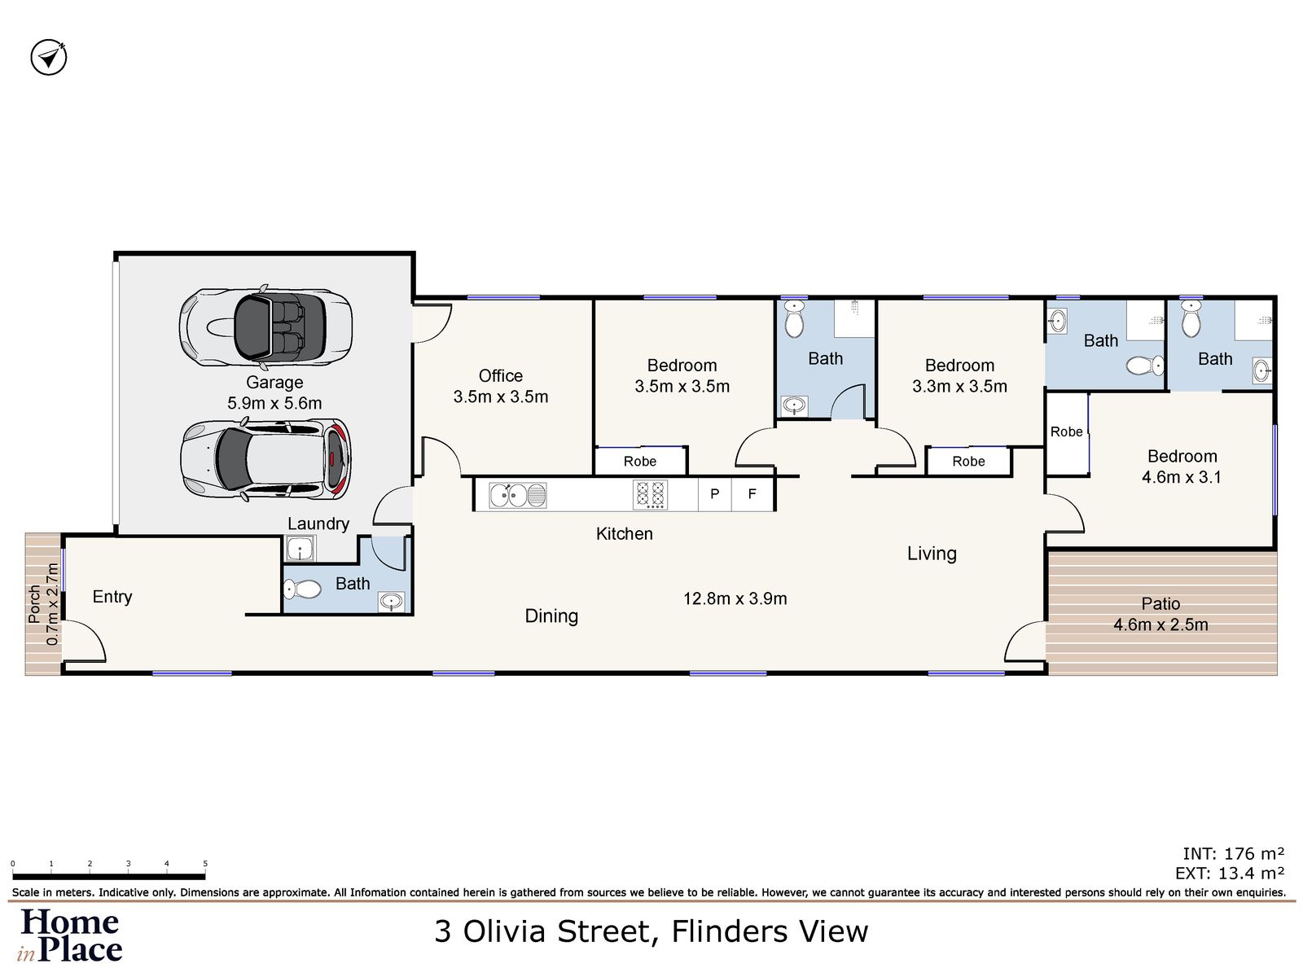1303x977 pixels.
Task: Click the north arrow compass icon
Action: pyautogui.click(x=49, y=58)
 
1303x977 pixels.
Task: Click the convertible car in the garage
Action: pyautogui.click(x=265, y=327)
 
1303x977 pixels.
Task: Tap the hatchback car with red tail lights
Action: pyautogui.click(x=265, y=459)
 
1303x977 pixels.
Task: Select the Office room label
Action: pyautogui.click(x=500, y=376)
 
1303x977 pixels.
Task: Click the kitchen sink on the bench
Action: pyautogui.click(x=518, y=495)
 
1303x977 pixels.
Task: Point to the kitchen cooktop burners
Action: pyautogui.click(x=650, y=495)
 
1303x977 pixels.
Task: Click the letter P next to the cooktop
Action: pyautogui.click(x=714, y=494)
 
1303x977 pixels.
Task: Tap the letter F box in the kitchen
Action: pyautogui.click(x=752, y=494)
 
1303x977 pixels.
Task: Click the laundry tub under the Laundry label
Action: pyautogui.click(x=300, y=550)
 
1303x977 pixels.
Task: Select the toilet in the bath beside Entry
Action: pyautogui.click(x=302, y=589)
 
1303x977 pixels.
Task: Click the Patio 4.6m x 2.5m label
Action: pyautogui.click(x=1160, y=615)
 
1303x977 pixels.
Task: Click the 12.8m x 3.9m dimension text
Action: pyautogui.click(x=735, y=599)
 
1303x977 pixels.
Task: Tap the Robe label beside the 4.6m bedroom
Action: pyautogui.click(x=1066, y=432)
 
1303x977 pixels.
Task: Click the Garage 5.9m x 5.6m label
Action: pyautogui.click(x=274, y=392)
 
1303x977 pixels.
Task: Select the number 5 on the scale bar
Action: pyautogui.click(x=205, y=864)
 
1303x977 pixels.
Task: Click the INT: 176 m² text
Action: pyautogui.click(x=1233, y=854)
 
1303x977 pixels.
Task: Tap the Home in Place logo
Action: pyautogui.click(x=71, y=935)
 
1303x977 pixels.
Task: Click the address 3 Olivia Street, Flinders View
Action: pyautogui.click(x=651, y=931)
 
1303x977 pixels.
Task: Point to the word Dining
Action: pyautogui.click(x=551, y=616)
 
